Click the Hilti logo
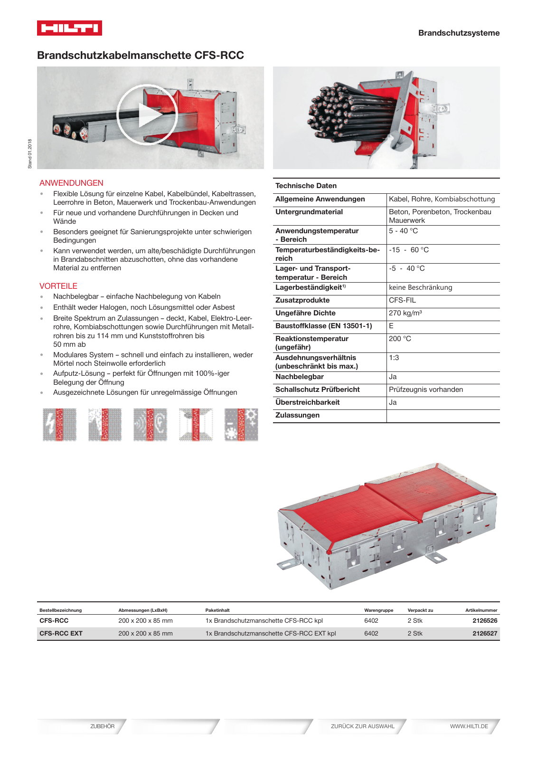coord(69,28)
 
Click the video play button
coord(147,115)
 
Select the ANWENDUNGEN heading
coord(71,183)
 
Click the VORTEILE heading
coord(58,286)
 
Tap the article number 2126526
coord(485,620)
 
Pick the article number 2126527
coord(485,633)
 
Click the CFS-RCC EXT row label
coord(61,633)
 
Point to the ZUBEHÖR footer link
coord(102,726)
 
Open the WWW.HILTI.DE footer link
coord(469,726)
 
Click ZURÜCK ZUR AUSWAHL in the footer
coord(362,726)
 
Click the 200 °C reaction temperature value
coord(400,339)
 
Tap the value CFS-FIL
coord(402,300)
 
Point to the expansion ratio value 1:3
coord(394,358)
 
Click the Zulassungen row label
coord(297,415)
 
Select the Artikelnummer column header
coord(481,610)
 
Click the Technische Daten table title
coord(306,186)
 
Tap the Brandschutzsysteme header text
coord(459,33)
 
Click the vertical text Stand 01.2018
coord(30,153)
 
